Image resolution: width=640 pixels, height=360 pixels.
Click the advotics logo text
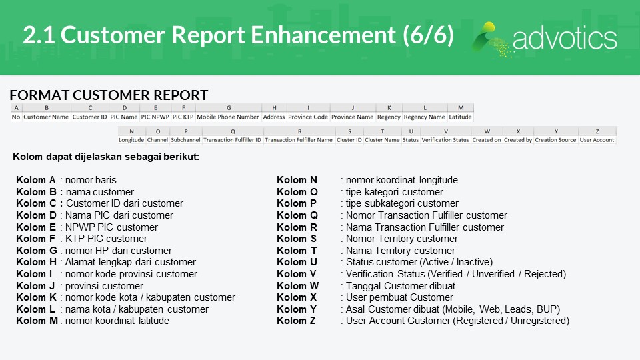(565, 39)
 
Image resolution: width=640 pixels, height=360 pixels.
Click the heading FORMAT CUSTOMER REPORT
(109, 95)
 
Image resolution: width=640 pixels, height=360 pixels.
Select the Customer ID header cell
(89, 117)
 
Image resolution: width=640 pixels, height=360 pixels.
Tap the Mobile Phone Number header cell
(228, 117)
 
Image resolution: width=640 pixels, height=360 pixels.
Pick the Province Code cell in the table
(308, 117)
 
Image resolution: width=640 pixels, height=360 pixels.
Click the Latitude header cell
(461, 117)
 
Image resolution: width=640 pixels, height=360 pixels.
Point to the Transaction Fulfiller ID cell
(232, 139)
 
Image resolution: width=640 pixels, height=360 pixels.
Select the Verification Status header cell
(445, 139)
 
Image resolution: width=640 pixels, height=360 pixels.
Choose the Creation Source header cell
(555, 139)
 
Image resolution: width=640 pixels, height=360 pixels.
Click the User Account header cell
(597, 139)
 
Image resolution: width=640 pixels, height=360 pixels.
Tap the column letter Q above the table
(233, 131)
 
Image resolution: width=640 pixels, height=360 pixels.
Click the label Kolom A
(36, 180)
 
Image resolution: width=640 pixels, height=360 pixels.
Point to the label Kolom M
(37, 321)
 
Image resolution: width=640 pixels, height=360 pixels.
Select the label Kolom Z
(296, 321)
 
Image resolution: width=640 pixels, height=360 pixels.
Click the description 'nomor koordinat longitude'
(401, 180)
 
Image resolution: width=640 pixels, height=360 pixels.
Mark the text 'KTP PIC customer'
(106, 239)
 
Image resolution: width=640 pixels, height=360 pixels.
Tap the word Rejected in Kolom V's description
(545, 274)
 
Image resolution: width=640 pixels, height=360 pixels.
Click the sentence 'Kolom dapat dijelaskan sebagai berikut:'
(106, 157)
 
